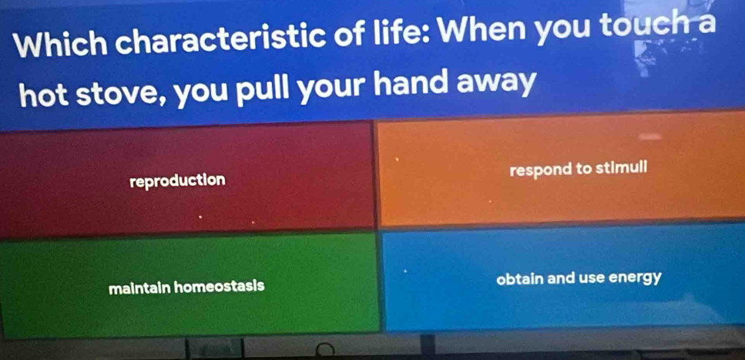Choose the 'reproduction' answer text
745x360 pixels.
[x=178, y=181]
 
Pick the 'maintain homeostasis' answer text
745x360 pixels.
[x=186, y=288]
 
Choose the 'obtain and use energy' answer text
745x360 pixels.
[x=579, y=279]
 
